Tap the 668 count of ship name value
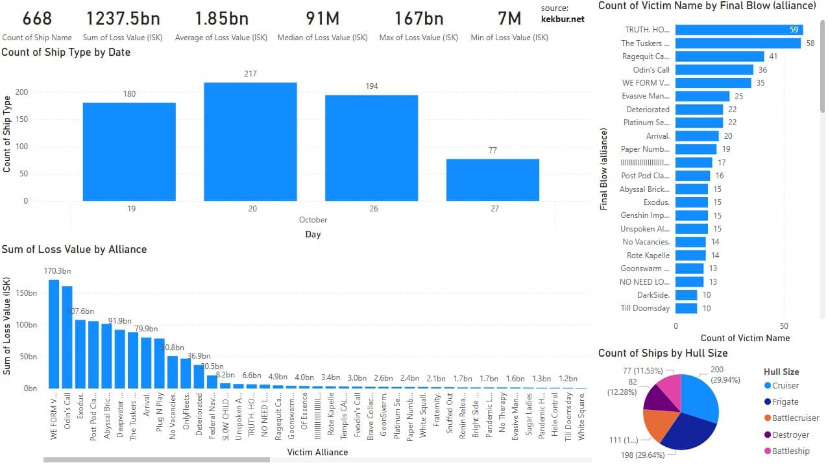pos(37,18)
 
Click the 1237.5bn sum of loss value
pos(123,18)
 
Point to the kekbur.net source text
pos(563,19)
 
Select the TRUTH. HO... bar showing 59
pos(738,30)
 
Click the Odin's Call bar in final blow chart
pos(714,69)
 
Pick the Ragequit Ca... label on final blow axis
pos(646,56)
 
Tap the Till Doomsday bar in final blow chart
pos(686,308)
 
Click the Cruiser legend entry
pos(785,386)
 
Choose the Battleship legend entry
pos(790,451)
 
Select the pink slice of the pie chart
pos(668,385)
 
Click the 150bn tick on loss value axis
pos(26,293)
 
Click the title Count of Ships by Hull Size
pos(663,353)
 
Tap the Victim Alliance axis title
pos(317,452)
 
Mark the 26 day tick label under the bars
pos(371,208)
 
